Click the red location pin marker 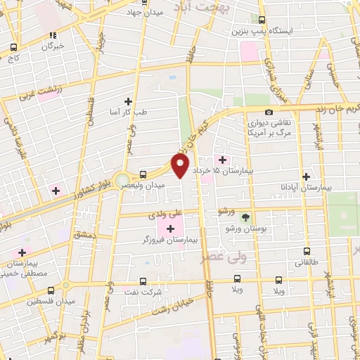click(x=181, y=166)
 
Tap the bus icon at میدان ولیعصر click(x=143, y=174)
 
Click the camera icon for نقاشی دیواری click(x=269, y=112)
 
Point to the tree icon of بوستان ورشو click(x=245, y=217)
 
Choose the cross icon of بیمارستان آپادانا click(x=305, y=177)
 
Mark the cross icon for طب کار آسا click(x=127, y=101)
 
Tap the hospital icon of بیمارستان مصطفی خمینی click(x=22, y=252)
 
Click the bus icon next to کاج click(x=13, y=48)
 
